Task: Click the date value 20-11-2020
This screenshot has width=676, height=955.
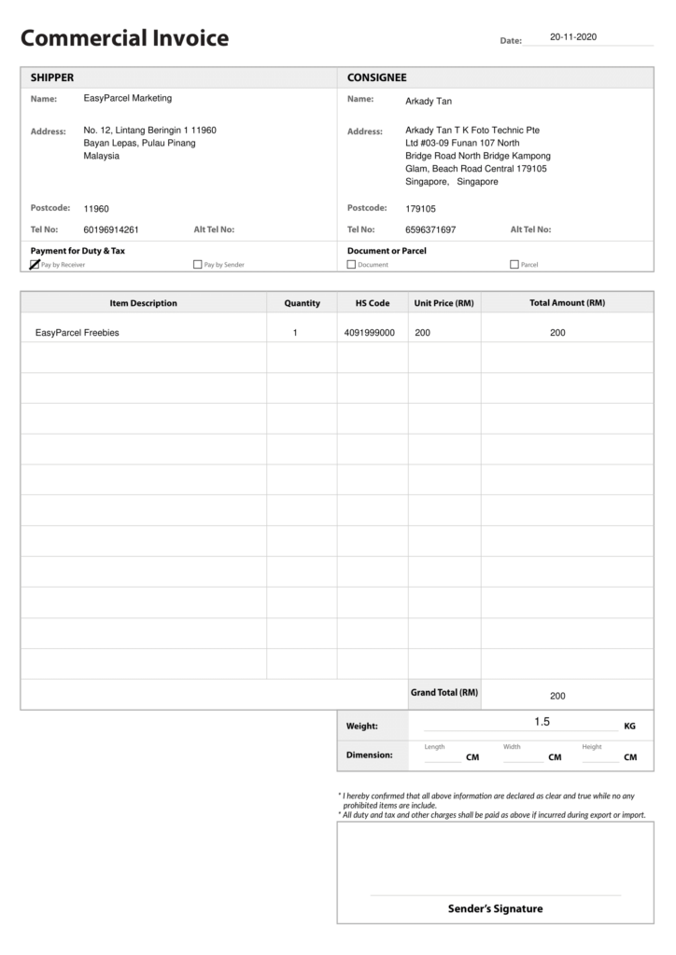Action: point(572,37)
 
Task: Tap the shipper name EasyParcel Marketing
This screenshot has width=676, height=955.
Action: point(127,98)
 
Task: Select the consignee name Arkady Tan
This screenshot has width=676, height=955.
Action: point(428,101)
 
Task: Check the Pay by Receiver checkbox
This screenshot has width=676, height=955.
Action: point(35,264)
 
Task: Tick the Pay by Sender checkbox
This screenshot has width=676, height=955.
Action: point(197,264)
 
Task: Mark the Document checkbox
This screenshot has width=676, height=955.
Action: point(351,264)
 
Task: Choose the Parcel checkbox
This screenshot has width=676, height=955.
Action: point(514,264)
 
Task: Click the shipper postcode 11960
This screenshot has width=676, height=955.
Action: point(96,209)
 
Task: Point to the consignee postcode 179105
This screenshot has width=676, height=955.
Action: point(420,209)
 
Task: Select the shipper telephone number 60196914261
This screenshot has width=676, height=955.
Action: point(111,229)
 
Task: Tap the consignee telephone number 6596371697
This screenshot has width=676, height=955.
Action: point(430,229)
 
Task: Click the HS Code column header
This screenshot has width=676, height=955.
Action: point(373,303)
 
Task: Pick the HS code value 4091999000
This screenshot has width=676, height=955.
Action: point(369,333)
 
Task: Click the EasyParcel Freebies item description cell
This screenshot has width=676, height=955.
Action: point(77,333)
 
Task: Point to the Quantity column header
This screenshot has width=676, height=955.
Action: point(302,303)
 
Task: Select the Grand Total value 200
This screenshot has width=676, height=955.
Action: point(557,696)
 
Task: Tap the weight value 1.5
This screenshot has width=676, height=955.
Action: point(542,722)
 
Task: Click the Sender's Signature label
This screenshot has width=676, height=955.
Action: point(495,908)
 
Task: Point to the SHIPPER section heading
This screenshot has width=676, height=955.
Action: point(52,77)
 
